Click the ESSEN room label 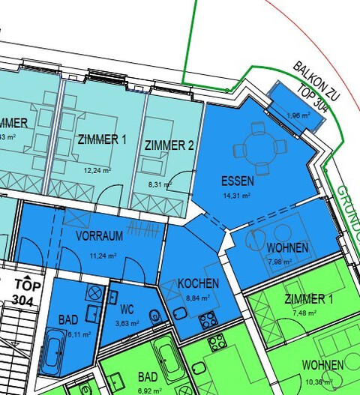pos(238,181)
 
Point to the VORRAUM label pos(99,236)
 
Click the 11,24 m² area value pos(103,255)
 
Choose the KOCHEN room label pos(198,283)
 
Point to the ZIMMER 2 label pos(169,145)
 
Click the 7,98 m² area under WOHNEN pos(278,262)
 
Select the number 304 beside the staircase pos(26,300)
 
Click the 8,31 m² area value pos(160,184)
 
